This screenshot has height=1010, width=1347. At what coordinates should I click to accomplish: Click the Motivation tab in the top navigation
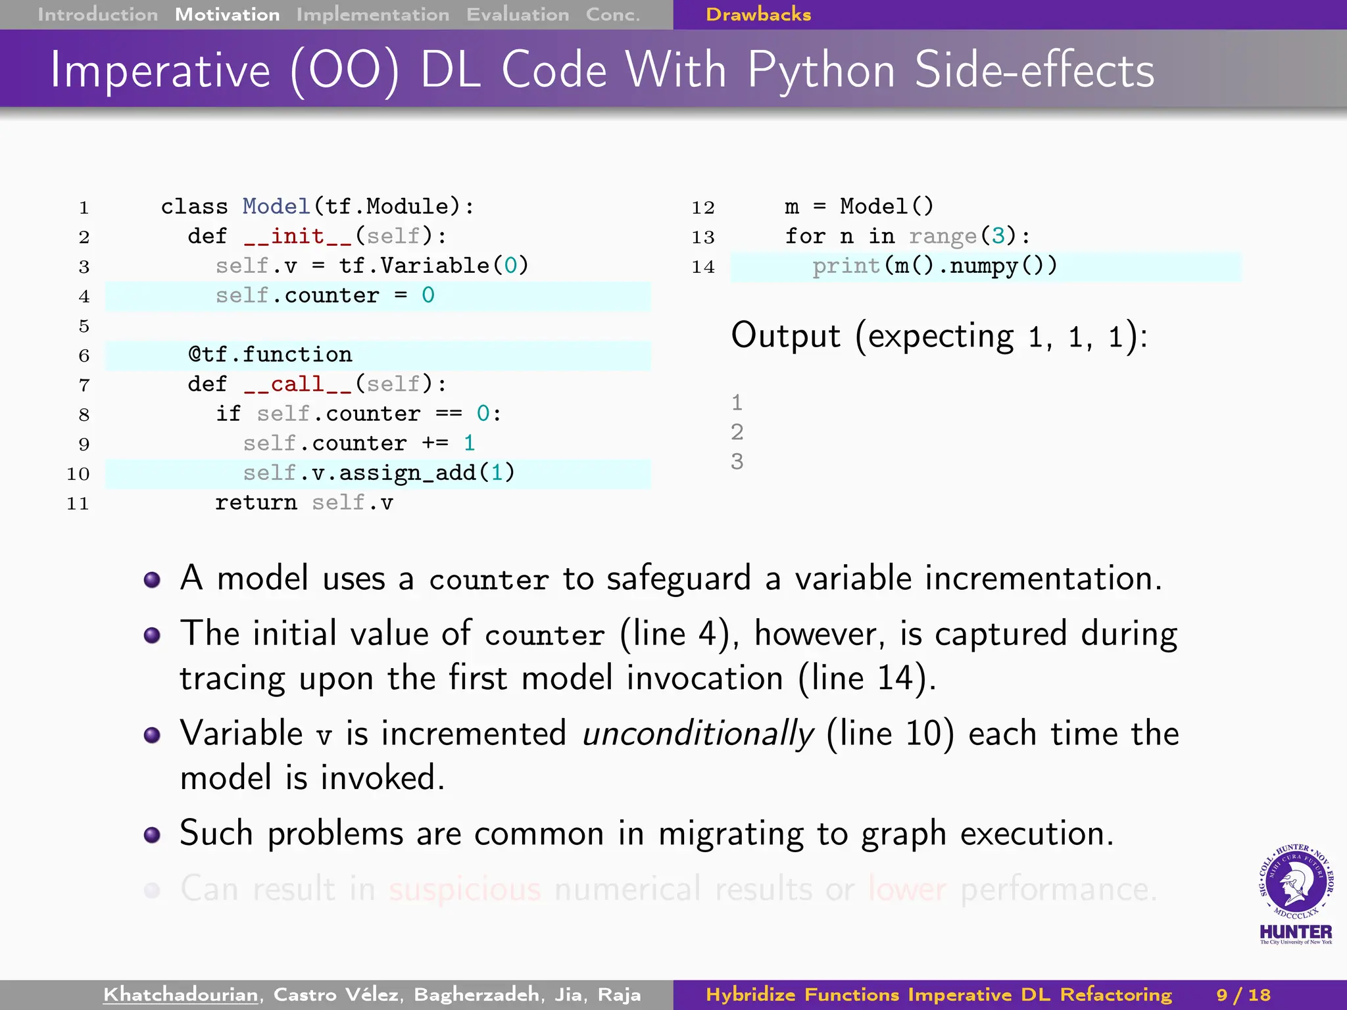227,14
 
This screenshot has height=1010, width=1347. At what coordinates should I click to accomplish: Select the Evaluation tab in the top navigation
518,14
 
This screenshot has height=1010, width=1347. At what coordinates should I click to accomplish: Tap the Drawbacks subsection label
758,14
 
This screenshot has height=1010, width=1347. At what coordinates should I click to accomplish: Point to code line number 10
78,474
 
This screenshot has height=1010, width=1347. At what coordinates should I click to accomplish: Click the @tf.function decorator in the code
270,355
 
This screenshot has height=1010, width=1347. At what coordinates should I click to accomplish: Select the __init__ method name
298,236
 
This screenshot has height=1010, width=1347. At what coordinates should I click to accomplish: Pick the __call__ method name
298,384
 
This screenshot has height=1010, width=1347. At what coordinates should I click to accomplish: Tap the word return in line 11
256,503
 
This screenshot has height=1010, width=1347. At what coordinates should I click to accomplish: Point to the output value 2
737,432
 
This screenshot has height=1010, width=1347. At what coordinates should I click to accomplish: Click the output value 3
737,462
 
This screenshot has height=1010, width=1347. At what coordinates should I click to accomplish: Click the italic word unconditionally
698,734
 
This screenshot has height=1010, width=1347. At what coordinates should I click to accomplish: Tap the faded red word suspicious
464,890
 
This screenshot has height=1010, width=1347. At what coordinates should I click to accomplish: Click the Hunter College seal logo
1296,884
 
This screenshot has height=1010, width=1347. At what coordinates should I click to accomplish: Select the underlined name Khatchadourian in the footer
181,994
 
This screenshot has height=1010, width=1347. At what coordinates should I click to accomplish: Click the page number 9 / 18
1243,994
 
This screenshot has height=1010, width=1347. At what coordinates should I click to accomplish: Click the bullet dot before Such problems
152,834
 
